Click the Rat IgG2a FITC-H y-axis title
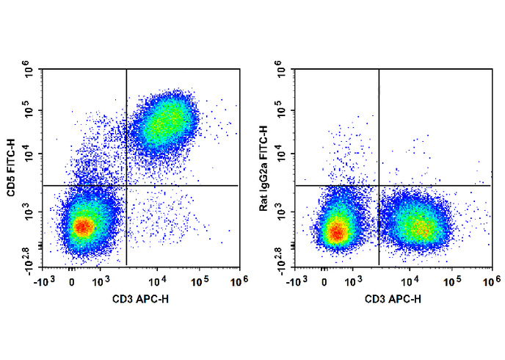click(x=264, y=168)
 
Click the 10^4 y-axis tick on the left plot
click(x=29, y=154)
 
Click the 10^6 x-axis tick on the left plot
click(x=236, y=280)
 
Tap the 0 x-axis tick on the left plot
click(x=71, y=281)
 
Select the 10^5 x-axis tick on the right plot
click(x=453, y=280)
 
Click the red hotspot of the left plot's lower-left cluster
click(x=83, y=226)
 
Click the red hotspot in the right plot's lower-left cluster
click(x=336, y=232)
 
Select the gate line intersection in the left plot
click(x=127, y=185)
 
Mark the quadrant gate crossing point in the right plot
click(x=379, y=185)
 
